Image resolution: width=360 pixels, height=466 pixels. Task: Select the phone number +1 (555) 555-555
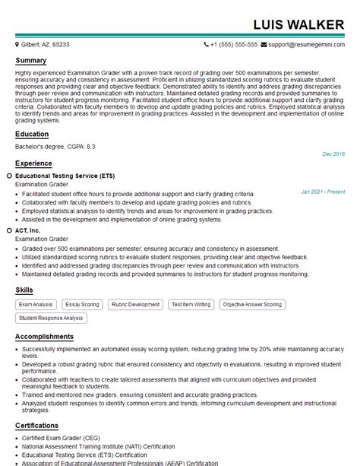tap(235, 45)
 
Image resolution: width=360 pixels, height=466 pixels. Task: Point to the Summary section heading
tap(31, 61)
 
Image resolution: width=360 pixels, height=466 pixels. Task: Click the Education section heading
tap(33, 135)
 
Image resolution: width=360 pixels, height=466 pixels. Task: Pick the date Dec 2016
tap(333, 154)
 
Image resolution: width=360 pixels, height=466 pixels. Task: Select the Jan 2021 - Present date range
tap(322, 192)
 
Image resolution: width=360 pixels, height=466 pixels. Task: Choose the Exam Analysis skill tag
tap(36, 305)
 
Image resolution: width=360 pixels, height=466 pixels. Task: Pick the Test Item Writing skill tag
tap(191, 305)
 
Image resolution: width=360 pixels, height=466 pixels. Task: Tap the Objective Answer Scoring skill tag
tap(253, 305)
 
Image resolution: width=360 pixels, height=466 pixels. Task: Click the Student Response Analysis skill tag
tap(52, 318)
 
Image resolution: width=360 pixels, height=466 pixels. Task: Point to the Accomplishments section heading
tap(45, 337)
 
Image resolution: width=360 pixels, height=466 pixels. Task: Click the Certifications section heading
tap(37, 426)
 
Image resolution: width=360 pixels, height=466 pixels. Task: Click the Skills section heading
tap(25, 290)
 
